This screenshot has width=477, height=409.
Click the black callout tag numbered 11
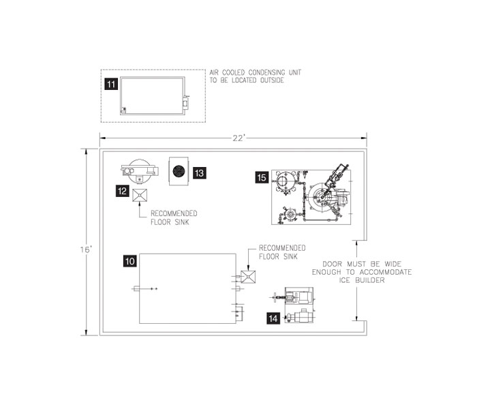tap(111, 84)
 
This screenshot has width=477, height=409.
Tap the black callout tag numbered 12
tap(122, 191)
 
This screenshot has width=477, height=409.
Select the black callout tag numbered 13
tap(199, 173)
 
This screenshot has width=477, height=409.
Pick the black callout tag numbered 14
tap(273, 318)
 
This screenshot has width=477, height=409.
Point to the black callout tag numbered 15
tap(262, 177)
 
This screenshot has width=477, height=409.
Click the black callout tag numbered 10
tap(130, 261)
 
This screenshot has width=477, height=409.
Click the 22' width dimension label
tap(238, 138)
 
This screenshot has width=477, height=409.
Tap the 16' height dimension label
tap(86, 250)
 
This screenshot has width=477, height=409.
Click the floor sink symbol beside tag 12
tap(140, 196)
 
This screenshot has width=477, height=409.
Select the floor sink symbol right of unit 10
tap(248, 277)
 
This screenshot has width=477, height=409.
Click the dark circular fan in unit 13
tap(179, 171)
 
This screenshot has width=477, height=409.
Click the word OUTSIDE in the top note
tap(272, 80)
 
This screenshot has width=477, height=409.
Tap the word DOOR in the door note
tap(333, 264)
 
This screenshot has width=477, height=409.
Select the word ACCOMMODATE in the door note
tap(386, 272)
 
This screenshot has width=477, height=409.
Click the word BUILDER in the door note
tap(370, 280)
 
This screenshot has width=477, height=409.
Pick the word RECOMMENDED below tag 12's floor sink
tap(174, 213)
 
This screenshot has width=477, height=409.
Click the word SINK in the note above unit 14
tap(290, 256)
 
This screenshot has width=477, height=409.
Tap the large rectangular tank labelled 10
tap(187, 288)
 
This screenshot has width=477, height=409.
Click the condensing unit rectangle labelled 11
tap(153, 95)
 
